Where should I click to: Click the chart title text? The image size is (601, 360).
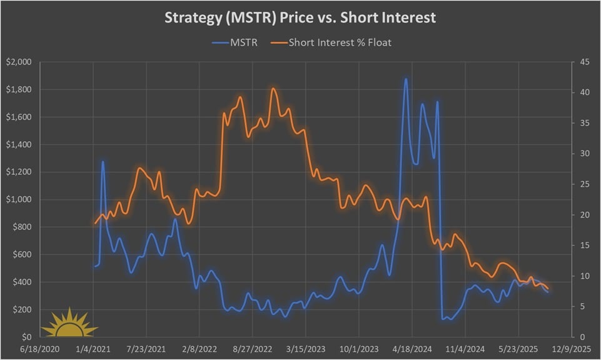coord(300,17)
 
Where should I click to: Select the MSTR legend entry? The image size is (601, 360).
coord(238,42)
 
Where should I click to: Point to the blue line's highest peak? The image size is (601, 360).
coord(406,79)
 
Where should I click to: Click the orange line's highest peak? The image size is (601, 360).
coord(273,89)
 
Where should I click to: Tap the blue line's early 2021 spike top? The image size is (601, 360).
coord(103,162)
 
